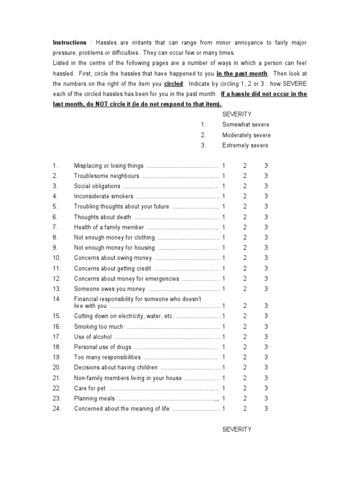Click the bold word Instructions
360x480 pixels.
tap(69, 43)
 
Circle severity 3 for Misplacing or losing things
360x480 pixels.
tap(266, 166)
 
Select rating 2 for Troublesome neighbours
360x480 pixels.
tap(245, 176)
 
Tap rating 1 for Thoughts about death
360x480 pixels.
tap(224, 217)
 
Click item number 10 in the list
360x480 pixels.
tap(57, 258)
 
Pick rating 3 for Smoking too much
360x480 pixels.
tap(266, 327)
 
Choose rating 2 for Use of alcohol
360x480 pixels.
tap(245, 337)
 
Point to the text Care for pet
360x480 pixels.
tap(90, 389)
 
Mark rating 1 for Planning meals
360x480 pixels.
tap(224, 399)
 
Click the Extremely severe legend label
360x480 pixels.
tap(245, 145)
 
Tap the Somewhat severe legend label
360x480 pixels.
tap(246, 125)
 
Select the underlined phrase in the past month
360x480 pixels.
tap(242, 74)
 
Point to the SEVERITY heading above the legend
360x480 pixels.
tap(237, 114)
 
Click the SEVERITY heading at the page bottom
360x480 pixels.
tap(237, 429)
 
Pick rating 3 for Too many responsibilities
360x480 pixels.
tap(266, 358)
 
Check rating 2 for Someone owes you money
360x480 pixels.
tap(245, 289)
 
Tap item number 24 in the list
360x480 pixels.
tap(57, 409)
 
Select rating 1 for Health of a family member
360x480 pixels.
tap(224, 227)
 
